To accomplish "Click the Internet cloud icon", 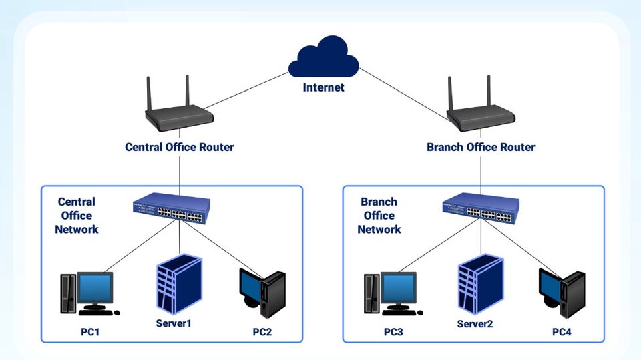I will click(x=324, y=58).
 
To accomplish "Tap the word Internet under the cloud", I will click(x=324, y=87).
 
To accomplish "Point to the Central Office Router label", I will click(x=180, y=147).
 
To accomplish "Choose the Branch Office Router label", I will click(x=481, y=147).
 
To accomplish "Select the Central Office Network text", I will click(x=77, y=216).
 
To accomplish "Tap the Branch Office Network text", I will click(x=379, y=216).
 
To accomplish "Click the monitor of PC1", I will click(x=98, y=289).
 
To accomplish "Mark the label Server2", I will click(x=475, y=325).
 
